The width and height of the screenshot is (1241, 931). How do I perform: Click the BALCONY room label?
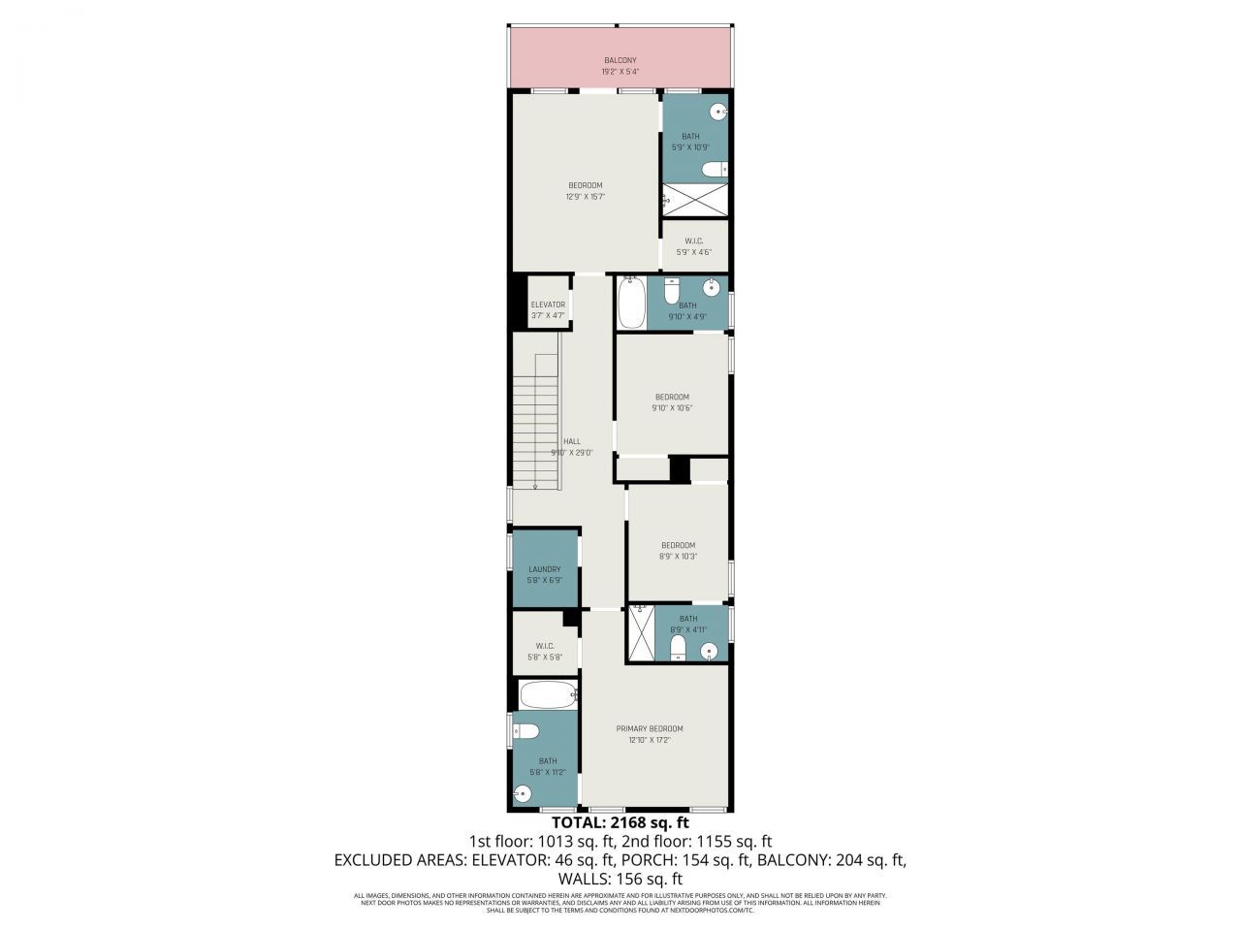(620, 60)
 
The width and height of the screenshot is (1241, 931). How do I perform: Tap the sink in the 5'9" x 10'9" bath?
(718, 112)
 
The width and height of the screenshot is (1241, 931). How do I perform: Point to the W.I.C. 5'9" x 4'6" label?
(693, 246)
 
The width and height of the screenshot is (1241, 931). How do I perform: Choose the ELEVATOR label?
(548, 305)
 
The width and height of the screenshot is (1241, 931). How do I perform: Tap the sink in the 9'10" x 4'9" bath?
(713, 285)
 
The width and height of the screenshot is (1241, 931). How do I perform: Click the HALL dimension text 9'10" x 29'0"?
(572, 453)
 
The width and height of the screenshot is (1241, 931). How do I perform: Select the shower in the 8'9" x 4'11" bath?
(640, 632)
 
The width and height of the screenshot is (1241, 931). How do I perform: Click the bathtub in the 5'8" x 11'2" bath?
(548, 694)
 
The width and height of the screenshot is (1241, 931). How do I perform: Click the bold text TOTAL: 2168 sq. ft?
(620, 823)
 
